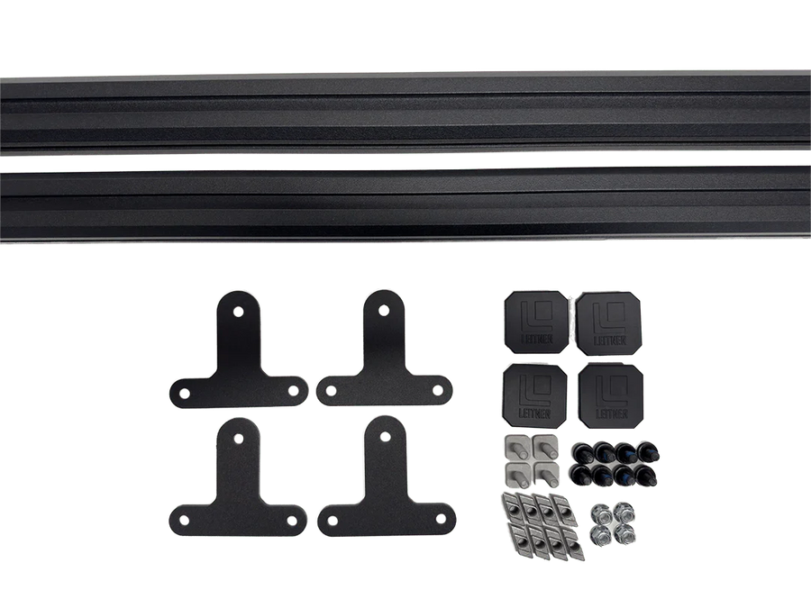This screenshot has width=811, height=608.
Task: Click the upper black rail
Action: pos(405,113)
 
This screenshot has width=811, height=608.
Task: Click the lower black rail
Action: pos(405,204)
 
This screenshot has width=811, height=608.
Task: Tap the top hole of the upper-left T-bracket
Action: pos(239,313)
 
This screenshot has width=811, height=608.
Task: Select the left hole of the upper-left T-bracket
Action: pos(184,394)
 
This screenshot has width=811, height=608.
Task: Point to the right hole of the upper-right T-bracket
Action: pos(438,390)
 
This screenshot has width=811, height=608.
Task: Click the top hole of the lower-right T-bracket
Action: pos(386,438)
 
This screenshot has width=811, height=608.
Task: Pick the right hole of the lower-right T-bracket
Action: pos(441,518)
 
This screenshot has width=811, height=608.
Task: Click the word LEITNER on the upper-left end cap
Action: pos(536,340)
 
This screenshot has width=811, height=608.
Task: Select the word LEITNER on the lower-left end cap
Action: pos(534,413)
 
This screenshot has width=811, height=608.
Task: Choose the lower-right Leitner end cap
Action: pos(611,396)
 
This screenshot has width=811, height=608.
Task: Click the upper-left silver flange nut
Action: pos(599,514)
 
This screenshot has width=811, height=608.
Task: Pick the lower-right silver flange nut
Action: pos(624,534)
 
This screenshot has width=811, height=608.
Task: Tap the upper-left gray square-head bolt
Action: pos(516,448)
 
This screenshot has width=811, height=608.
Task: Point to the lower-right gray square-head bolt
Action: pos(546,474)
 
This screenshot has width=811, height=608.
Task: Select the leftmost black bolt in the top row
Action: pos(581,452)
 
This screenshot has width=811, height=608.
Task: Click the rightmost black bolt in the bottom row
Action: pos(646,475)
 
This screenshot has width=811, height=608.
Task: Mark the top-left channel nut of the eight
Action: pos(512,504)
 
